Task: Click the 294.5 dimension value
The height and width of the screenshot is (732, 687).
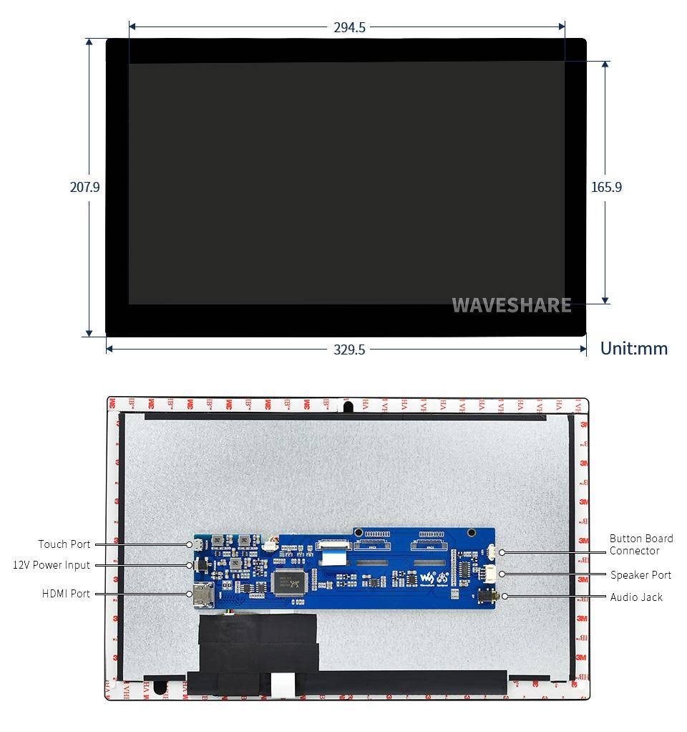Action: click(x=349, y=28)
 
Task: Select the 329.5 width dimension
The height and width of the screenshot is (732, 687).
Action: click(x=349, y=350)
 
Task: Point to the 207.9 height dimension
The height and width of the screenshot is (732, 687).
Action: click(x=84, y=187)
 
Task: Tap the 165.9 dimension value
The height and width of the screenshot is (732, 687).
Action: click(x=606, y=187)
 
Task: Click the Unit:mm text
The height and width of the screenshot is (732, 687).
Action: click(x=633, y=349)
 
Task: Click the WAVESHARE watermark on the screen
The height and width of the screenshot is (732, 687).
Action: click(x=511, y=305)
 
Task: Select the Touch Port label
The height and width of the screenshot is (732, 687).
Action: click(x=64, y=544)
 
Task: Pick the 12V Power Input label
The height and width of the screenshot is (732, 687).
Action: click(x=52, y=565)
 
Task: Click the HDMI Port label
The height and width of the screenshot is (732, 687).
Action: click(x=66, y=594)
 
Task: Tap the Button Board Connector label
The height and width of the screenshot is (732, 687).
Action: click(x=640, y=544)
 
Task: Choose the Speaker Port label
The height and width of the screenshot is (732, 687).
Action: click(x=640, y=575)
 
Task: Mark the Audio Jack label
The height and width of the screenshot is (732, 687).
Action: click(x=636, y=597)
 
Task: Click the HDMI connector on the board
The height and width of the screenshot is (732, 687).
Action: click(x=200, y=594)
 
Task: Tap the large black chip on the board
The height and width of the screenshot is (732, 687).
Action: click(x=290, y=580)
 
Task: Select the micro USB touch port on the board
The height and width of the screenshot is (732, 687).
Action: click(x=198, y=545)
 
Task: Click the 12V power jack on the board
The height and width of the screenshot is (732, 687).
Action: click(x=201, y=565)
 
